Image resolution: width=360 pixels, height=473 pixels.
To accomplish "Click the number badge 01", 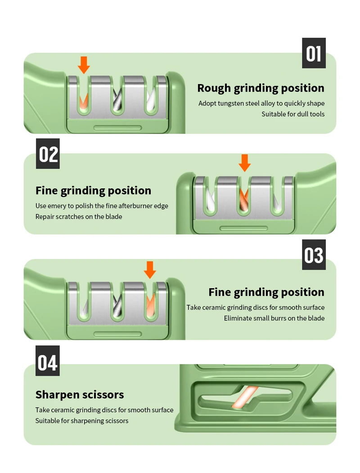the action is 314,53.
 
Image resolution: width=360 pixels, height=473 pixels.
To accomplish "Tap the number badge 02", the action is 48,154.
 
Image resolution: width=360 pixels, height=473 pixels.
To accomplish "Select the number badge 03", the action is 314,255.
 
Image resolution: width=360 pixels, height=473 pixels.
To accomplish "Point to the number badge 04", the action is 48,361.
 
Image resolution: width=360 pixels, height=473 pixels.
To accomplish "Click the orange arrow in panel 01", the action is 84,65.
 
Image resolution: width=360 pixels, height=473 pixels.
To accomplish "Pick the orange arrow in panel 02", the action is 244,163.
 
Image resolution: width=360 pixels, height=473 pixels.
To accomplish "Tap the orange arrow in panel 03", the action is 150,269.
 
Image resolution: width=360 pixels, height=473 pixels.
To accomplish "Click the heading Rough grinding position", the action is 261,88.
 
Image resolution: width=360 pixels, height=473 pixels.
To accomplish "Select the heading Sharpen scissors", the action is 80,395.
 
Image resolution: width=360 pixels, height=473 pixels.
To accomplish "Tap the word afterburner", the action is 135,206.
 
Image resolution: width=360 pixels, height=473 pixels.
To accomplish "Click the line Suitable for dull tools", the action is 293,114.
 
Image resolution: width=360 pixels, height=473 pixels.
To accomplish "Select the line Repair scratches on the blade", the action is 79,217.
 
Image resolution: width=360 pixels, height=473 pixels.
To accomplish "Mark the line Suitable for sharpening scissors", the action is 82,421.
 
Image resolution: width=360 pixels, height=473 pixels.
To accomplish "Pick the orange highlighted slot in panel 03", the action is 150,306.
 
